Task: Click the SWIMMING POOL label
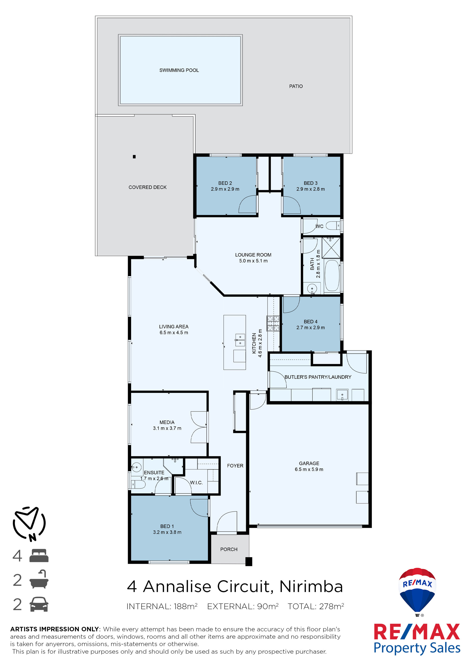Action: [179, 70]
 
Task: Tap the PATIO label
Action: [296, 86]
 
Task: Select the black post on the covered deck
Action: [134, 157]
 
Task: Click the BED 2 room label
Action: [225, 183]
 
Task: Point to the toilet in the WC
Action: [333, 226]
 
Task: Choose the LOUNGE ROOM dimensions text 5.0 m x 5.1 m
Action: [253, 261]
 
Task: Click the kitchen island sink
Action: [240, 340]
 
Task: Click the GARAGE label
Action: [309, 463]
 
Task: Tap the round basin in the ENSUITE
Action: [136, 467]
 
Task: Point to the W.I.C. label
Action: [196, 482]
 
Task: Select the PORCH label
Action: [229, 549]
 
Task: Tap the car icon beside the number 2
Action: [39, 604]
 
